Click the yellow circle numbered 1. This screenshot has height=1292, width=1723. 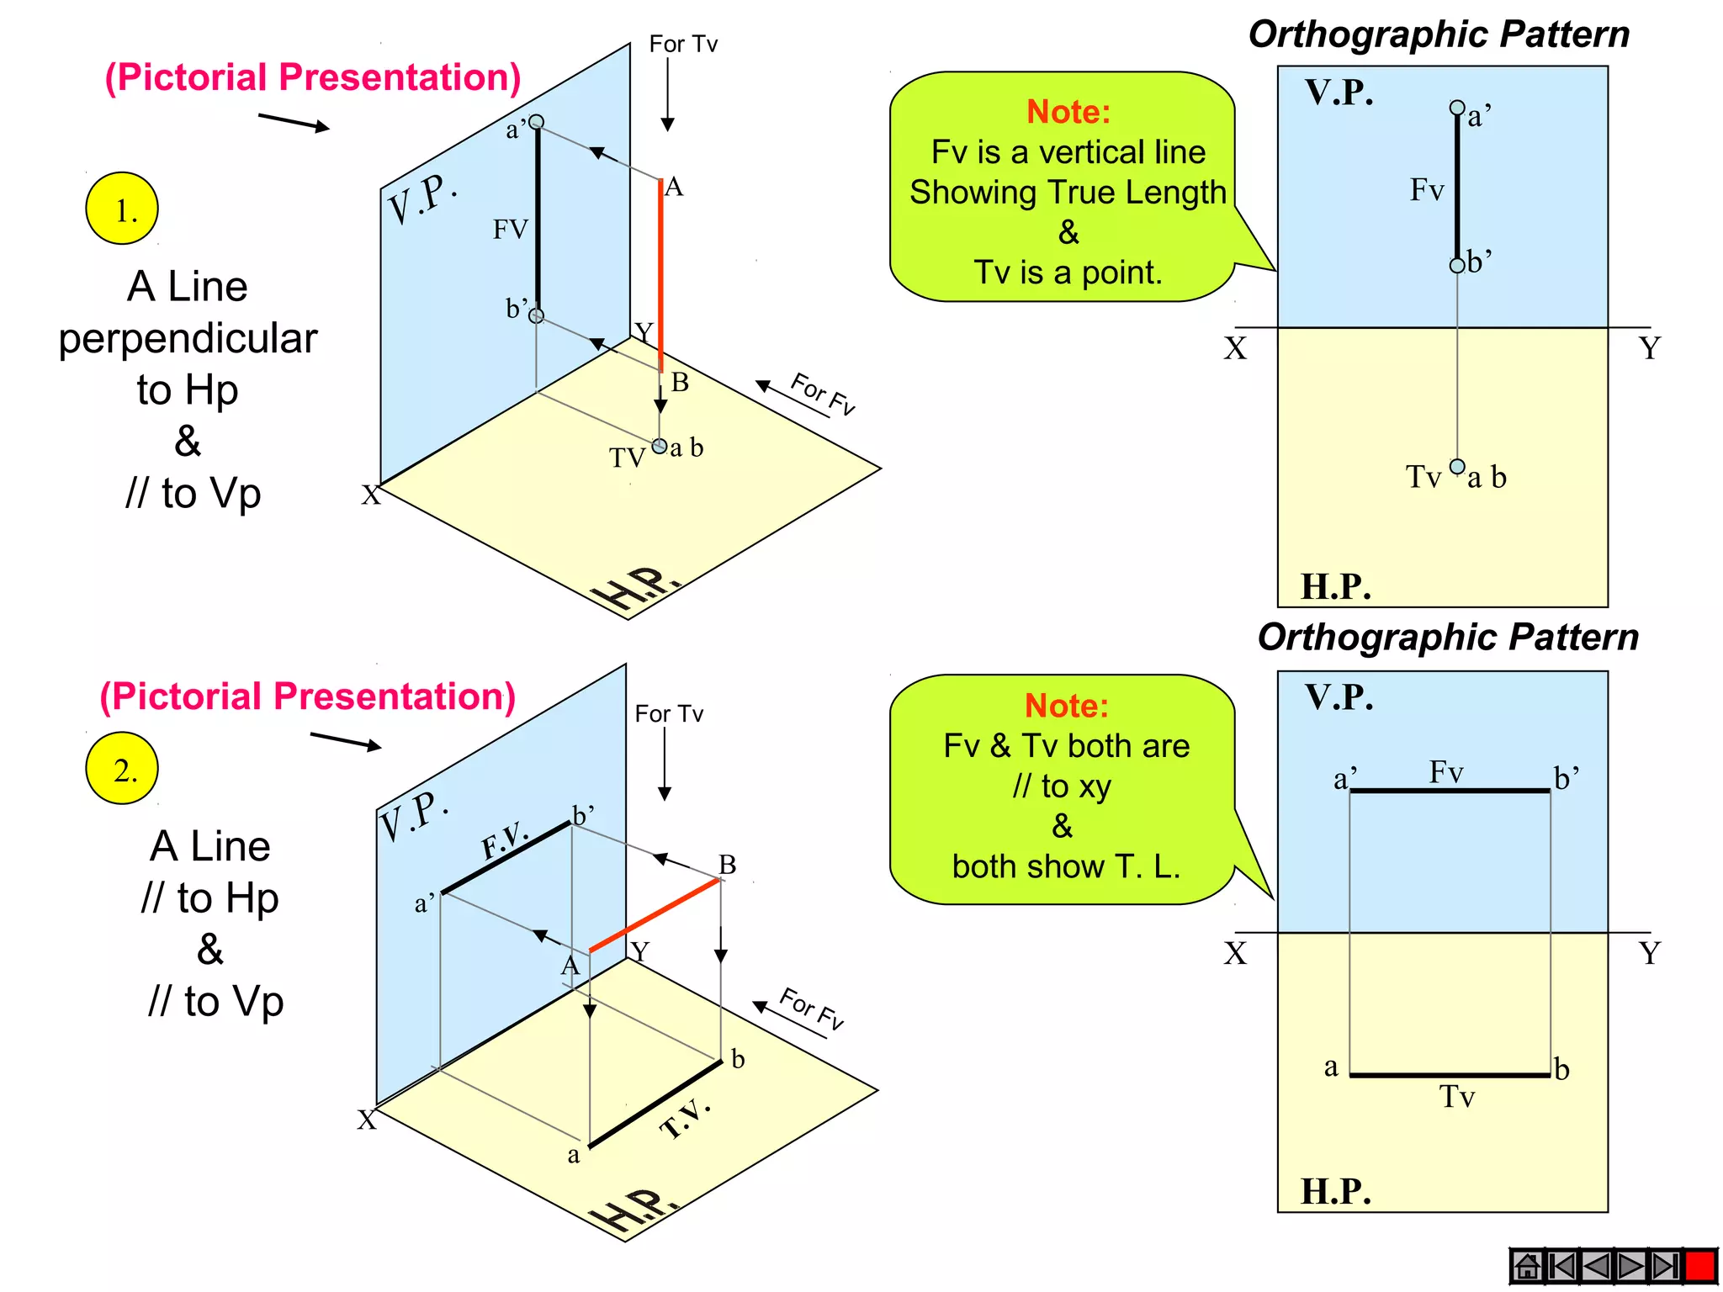(x=122, y=209)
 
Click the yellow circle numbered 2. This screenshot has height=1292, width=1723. (x=122, y=769)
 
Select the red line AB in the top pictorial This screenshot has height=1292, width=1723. (x=661, y=273)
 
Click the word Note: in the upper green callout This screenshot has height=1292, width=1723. (x=1068, y=112)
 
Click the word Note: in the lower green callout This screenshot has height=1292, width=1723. (x=1067, y=706)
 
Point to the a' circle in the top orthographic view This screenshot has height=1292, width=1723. (x=1457, y=108)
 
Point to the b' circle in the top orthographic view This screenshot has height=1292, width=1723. (x=1457, y=266)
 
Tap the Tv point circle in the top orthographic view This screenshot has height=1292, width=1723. (x=1457, y=467)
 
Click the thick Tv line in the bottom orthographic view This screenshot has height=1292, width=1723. (x=1450, y=1075)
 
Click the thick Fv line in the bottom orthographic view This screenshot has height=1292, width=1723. (x=1450, y=791)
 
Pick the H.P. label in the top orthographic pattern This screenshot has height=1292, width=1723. (x=1336, y=586)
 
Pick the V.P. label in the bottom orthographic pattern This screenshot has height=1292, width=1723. (x=1339, y=697)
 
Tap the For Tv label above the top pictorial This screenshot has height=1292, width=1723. (x=683, y=44)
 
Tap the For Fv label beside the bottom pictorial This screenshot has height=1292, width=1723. (x=812, y=1009)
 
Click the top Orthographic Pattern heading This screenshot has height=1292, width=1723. (x=1439, y=34)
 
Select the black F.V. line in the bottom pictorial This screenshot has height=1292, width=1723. (x=506, y=857)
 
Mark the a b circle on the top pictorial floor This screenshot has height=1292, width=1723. (x=660, y=446)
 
